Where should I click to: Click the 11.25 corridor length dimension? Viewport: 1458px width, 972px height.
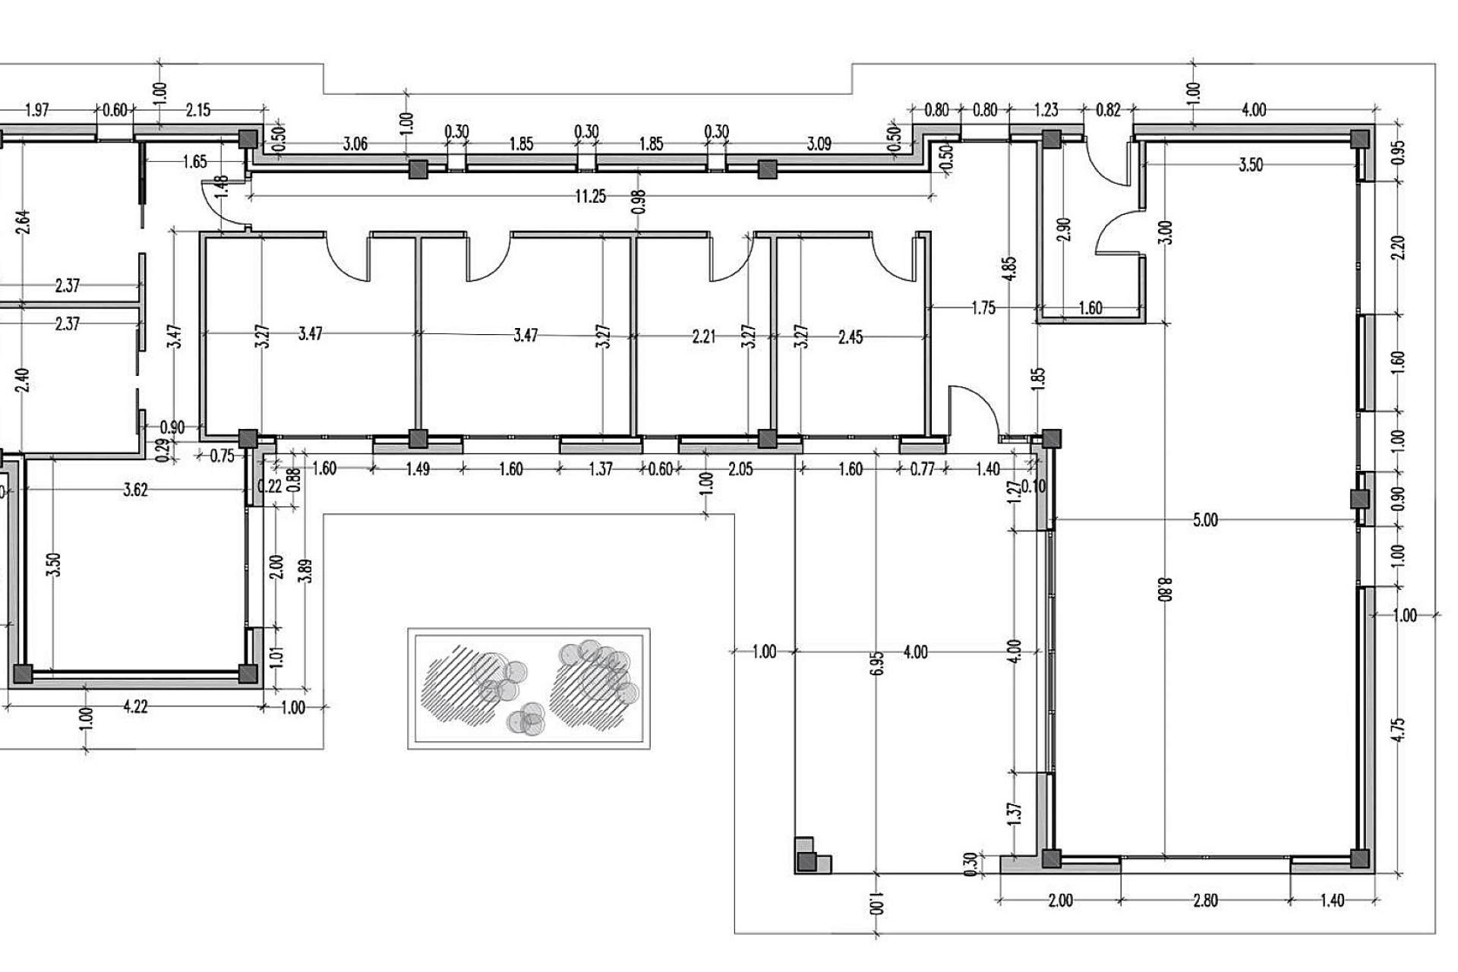coord(590,197)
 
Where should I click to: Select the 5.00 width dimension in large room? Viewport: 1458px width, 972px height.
coord(1205,520)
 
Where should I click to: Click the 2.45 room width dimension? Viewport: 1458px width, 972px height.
coord(850,336)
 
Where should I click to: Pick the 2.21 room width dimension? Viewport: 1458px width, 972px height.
coord(704,336)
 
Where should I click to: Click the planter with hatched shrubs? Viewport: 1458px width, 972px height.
coord(529,688)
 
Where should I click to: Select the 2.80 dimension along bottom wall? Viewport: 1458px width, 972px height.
coord(1205,901)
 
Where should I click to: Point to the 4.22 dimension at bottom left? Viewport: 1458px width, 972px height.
coord(135,707)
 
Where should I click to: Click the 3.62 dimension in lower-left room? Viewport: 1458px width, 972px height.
coord(135,490)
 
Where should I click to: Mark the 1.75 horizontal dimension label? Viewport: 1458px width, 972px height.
coord(983,308)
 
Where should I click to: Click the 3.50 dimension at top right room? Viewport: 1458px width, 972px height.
coord(1251,165)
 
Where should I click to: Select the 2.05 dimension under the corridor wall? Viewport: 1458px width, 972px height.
coord(740,469)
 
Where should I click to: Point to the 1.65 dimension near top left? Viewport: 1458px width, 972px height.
coord(195,162)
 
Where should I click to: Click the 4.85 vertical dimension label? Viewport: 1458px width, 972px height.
coord(1009,270)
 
